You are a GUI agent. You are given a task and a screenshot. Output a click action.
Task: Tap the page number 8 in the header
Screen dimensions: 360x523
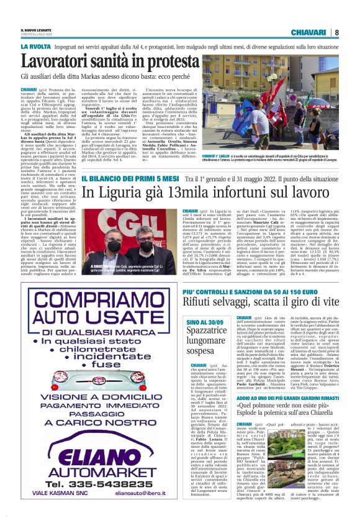(336, 32)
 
